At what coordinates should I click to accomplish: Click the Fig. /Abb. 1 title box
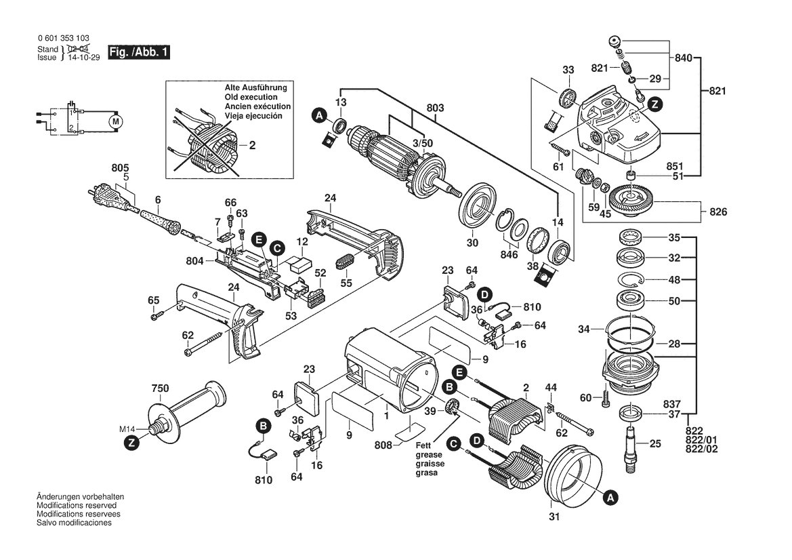(x=139, y=52)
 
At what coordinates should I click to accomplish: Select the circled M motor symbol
(x=115, y=121)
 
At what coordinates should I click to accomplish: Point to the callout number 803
(x=435, y=107)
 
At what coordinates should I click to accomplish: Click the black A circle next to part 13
(x=319, y=116)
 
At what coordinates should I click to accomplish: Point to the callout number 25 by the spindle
(x=654, y=444)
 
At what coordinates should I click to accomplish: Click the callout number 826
(x=718, y=212)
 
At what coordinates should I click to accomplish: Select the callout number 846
(x=509, y=254)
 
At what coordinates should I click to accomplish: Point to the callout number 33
(x=568, y=70)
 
